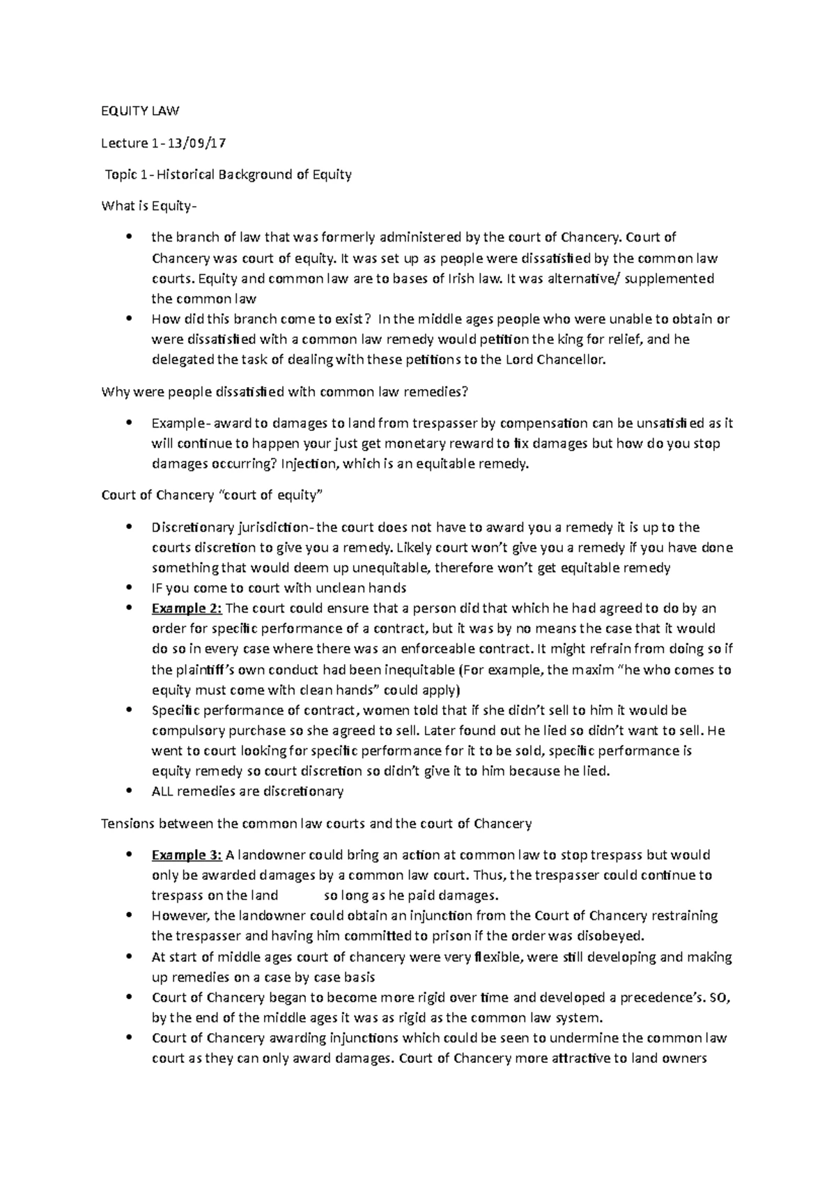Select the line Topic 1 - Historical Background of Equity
pyautogui.click(x=228, y=175)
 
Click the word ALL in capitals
pyautogui.click(x=163, y=791)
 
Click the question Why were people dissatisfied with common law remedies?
pyautogui.click(x=285, y=392)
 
